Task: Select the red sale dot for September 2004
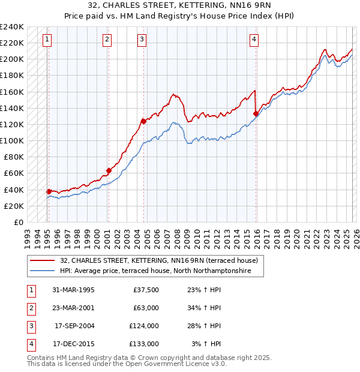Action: (x=143, y=121)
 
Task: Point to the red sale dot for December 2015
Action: (x=256, y=113)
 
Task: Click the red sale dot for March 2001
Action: (x=109, y=170)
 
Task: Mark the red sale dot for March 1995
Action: (x=49, y=191)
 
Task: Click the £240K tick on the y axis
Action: (x=12, y=27)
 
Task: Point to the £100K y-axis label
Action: (x=12, y=140)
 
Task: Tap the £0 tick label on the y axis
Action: (x=18, y=222)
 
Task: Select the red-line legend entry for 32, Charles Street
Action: (x=158, y=260)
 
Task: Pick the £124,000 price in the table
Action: (x=143, y=326)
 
